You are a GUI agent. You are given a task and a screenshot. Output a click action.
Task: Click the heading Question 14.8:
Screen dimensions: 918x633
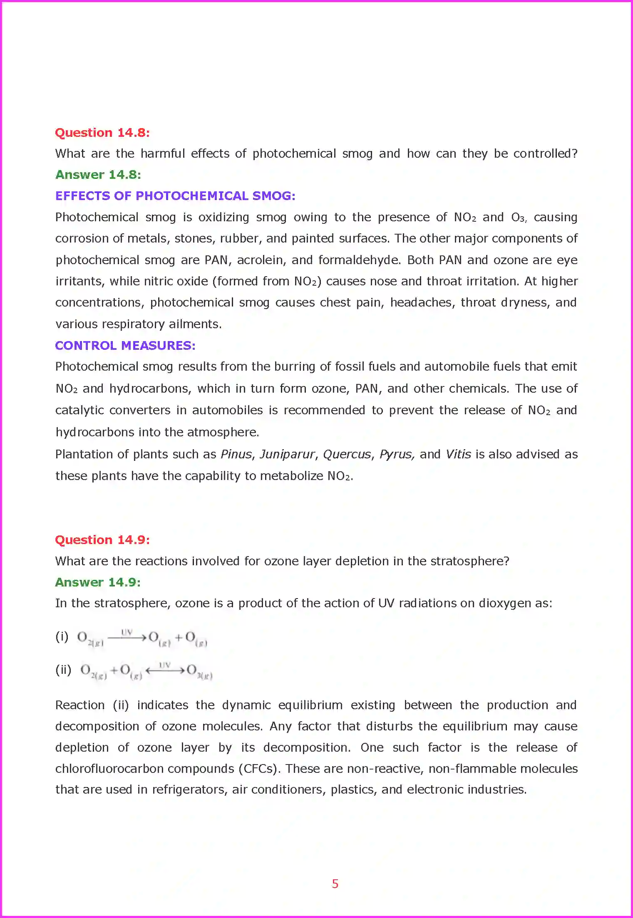click(102, 133)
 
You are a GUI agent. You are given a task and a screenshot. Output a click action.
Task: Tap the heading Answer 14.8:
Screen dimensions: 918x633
click(98, 175)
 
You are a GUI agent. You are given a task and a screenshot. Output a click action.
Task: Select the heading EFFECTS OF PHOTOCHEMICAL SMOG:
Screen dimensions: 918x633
click(175, 196)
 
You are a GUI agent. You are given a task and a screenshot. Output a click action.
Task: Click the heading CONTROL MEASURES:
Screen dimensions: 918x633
click(125, 346)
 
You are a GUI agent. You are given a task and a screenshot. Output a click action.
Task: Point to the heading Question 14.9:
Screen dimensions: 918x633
click(102, 540)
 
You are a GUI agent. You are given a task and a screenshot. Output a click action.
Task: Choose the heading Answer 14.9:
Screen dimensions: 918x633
click(98, 582)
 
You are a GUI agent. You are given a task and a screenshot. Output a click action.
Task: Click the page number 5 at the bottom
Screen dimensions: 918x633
click(335, 884)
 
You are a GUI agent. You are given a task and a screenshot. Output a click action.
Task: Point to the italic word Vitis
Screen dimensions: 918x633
click(458, 454)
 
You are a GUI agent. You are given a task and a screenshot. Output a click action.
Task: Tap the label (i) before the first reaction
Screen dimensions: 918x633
click(62, 636)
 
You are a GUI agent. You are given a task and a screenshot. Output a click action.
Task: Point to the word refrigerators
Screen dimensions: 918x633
click(189, 789)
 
